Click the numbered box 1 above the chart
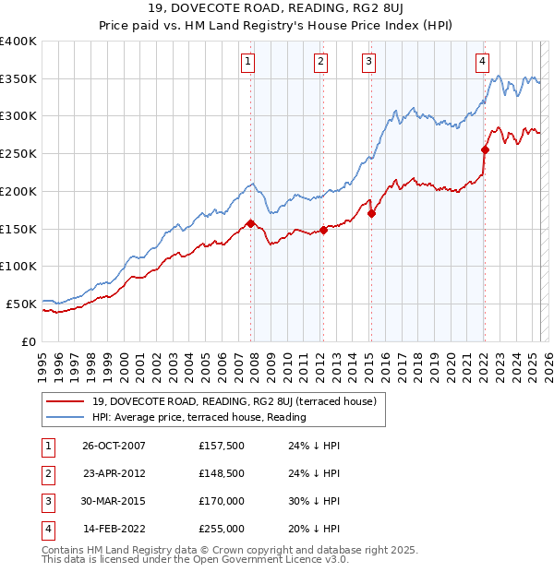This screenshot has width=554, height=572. (x=249, y=62)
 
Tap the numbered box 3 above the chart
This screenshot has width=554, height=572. (x=368, y=62)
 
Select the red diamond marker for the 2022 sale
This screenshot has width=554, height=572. (x=485, y=149)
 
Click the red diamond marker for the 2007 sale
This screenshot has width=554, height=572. (x=250, y=223)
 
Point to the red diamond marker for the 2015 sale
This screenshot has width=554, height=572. (x=371, y=213)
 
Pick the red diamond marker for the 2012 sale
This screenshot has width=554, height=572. (x=323, y=230)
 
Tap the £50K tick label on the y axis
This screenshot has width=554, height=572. (x=22, y=304)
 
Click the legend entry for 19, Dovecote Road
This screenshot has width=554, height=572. (x=234, y=401)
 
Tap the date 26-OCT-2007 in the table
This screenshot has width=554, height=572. (x=114, y=446)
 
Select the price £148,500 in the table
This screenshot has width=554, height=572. (x=221, y=473)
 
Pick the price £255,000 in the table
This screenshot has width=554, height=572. (x=221, y=529)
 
